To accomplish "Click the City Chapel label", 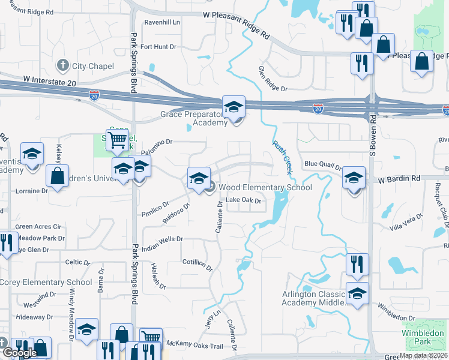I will [x=92, y=65].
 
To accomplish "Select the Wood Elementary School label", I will [x=265, y=188].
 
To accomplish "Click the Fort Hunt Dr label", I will [x=159, y=46].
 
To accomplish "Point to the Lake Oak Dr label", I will [x=243, y=200].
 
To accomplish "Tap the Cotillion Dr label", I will [x=198, y=265].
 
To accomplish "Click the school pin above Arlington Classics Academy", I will [x=357, y=293].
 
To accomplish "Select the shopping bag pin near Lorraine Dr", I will [x=57, y=176].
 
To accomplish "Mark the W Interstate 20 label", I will [x=52, y=84].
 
